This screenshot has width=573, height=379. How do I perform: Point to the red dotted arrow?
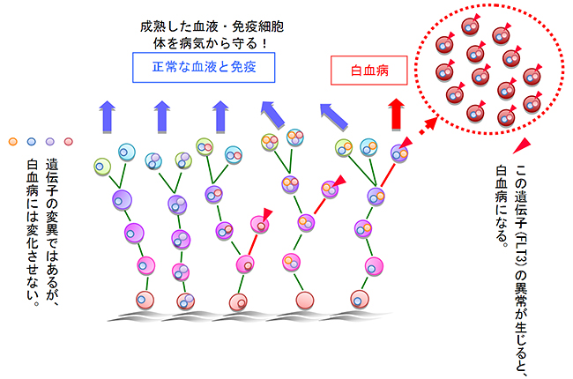(x=427, y=127)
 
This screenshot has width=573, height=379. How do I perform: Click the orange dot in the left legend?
(x=11, y=141)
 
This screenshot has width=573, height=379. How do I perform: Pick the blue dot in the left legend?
(x=31, y=141)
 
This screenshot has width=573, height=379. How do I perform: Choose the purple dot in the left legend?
(x=49, y=141)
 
